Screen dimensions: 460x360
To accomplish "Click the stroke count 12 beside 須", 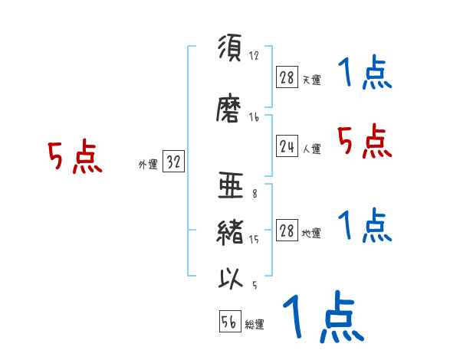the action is point(254,56).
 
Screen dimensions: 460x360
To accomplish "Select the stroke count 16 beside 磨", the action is point(254,117).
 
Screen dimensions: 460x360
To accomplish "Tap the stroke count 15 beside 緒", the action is point(254,240).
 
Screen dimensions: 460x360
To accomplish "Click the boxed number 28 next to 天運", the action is point(287,77).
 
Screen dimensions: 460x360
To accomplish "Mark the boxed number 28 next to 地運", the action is point(287,231).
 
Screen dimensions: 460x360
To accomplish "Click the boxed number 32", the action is point(173,162).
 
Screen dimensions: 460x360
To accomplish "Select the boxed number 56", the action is point(229,322).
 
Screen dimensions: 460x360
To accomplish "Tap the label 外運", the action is point(147,164).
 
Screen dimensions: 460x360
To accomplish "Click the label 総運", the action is point(255,325).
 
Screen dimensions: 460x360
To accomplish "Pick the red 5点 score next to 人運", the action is point(365,141).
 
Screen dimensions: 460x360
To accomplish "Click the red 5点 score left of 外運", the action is point(74,159).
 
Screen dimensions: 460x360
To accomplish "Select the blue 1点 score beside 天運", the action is point(365,74).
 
